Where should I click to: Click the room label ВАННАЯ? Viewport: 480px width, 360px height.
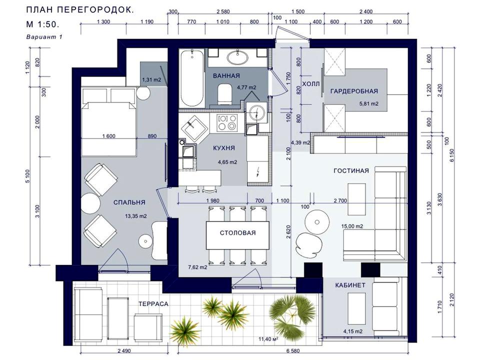click(x=226, y=75)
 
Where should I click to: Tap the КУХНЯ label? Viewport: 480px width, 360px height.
click(x=224, y=148)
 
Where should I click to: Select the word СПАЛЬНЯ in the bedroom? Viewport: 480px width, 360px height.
click(x=129, y=202)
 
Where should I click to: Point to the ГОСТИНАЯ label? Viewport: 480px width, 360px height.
click(x=351, y=171)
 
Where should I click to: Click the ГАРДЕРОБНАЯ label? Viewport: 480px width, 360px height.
click(x=354, y=91)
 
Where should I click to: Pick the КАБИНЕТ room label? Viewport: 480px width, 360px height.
click(x=350, y=285)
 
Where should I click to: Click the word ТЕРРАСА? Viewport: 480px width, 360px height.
click(x=153, y=304)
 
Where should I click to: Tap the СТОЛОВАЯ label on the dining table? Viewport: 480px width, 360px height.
click(x=237, y=233)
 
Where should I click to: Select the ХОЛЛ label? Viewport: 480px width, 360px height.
click(x=310, y=84)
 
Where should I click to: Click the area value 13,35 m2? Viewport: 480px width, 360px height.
click(x=135, y=216)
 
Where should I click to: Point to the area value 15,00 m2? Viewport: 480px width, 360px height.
click(x=352, y=226)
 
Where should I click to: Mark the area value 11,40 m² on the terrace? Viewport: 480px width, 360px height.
click(x=268, y=339)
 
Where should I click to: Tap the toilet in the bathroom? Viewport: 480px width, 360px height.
click(x=224, y=94)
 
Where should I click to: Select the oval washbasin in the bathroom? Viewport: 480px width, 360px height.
click(x=237, y=57)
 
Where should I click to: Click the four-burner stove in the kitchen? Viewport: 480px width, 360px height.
click(x=227, y=122)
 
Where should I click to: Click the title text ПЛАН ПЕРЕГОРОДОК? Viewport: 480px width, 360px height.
click(x=80, y=10)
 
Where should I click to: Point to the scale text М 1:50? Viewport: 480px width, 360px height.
click(x=42, y=24)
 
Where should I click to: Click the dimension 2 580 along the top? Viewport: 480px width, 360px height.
click(x=223, y=11)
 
